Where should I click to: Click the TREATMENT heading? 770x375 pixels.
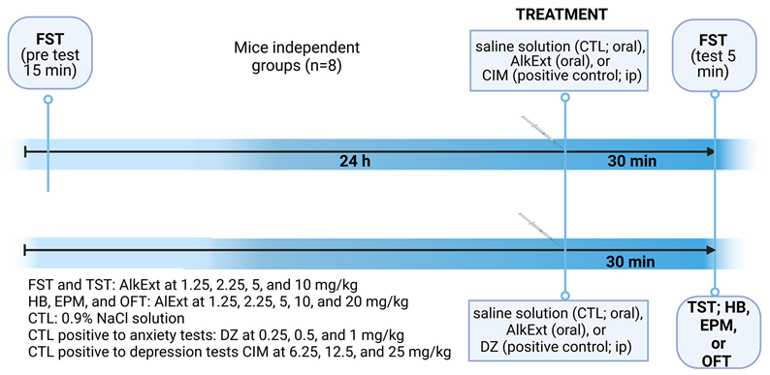(562, 15)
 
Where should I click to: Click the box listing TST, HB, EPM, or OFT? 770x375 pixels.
(717, 334)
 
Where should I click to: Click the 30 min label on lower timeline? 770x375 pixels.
(629, 262)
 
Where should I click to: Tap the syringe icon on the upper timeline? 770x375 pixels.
(539, 131)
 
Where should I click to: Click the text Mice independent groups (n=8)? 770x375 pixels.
(297, 57)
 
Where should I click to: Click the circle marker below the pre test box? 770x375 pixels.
(48, 99)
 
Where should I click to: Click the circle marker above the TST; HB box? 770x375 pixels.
(716, 288)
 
